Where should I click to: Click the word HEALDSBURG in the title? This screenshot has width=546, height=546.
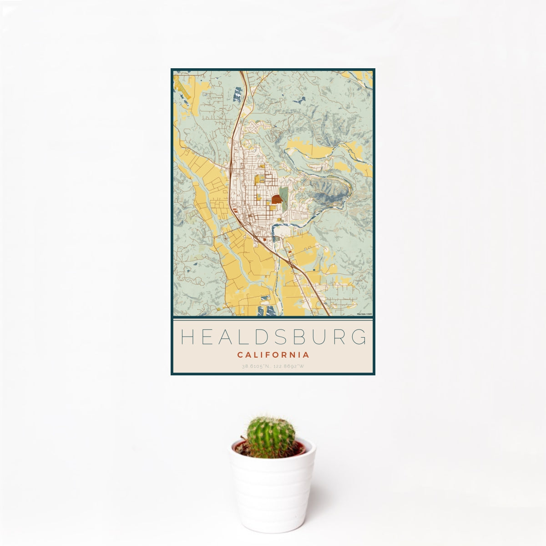273,337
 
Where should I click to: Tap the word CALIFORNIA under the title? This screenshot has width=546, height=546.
273,355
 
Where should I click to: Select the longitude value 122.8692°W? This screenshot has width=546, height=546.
289,366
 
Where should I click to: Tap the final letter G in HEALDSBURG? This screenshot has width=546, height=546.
359,337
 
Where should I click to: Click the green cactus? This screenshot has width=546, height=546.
271,437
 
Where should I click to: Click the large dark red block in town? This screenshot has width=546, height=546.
277,199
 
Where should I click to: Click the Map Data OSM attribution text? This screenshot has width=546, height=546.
364,314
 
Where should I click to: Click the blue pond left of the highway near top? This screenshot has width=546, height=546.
238,94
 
